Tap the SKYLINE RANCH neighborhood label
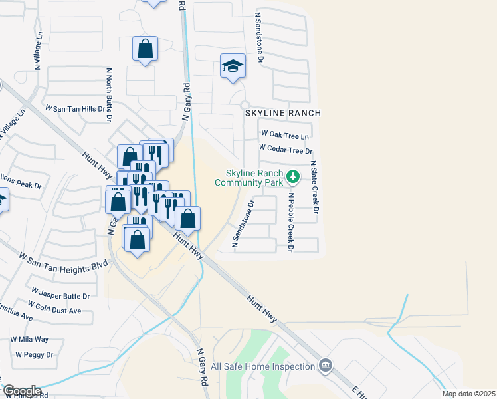[x=283, y=114]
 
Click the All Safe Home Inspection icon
[x=326, y=365]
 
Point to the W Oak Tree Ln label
[x=285, y=135]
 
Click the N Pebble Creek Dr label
[x=290, y=223]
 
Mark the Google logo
[x=21, y=391]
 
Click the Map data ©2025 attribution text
[x=468, y=394]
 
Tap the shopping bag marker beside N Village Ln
[x=145, y=49]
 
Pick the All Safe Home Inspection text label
[x=262, y=366]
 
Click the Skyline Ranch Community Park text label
[x=249, y=178]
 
